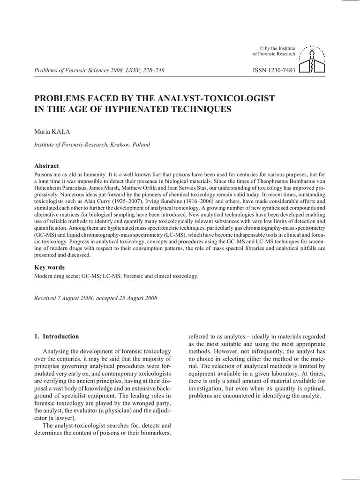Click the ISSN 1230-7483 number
click(274, 71)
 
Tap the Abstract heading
click(46, 166)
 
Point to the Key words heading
click(49, 267)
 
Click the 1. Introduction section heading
click(56, 337)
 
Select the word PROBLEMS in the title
click(62, 98)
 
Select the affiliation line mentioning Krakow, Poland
click(92, 145)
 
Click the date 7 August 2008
click(76, 298)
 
